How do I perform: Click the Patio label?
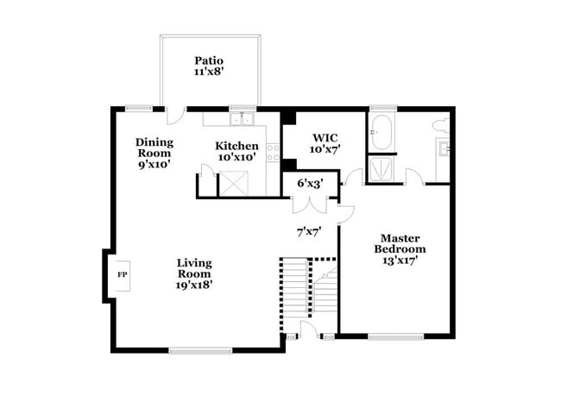[x=208, y=66]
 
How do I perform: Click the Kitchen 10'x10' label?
[x=236, y=152]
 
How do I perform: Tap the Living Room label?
[x=194, y=273]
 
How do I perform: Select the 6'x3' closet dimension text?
[x=310, y=184]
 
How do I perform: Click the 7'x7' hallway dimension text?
[x=309, y=231]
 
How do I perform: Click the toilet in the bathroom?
[x=439, y=126]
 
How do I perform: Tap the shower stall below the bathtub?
[x=381, y=169]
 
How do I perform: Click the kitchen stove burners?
[x=273, y=153]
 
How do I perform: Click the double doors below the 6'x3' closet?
[x=309, y=205]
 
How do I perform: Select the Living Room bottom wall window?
[x=199, y=349]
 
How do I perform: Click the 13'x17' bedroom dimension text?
[x=400, y=260]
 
